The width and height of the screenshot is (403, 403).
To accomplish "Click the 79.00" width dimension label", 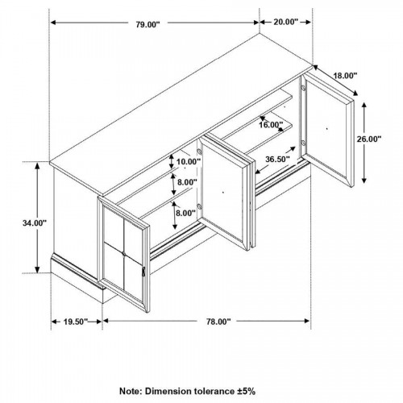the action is pos(147,25).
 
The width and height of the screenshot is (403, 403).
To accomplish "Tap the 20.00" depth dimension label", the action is pos(286,22).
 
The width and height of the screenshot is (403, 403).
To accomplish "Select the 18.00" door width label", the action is pos(345,76).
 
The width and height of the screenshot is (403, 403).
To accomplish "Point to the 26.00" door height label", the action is pos(369,139).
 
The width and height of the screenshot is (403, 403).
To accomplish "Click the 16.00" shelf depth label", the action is pos(271,125).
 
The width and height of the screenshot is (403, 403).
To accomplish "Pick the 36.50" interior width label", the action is pos(277,159).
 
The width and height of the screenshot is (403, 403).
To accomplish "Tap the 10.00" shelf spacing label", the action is pos(189,162).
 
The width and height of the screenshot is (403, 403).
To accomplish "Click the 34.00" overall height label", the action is pos(35,223).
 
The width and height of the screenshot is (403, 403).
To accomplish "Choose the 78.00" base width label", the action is pos(218,322).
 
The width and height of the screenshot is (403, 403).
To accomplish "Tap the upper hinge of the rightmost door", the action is pos(303,88).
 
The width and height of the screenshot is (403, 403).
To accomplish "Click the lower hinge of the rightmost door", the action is pos(303,143).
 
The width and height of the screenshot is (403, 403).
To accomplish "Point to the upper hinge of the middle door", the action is pos(199,152).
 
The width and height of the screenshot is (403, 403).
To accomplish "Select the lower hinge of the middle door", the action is pos(199,206).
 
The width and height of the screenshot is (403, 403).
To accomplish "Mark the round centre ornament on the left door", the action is pos(124,253).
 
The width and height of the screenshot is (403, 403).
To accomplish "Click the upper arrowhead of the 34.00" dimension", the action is pos(38,165).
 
